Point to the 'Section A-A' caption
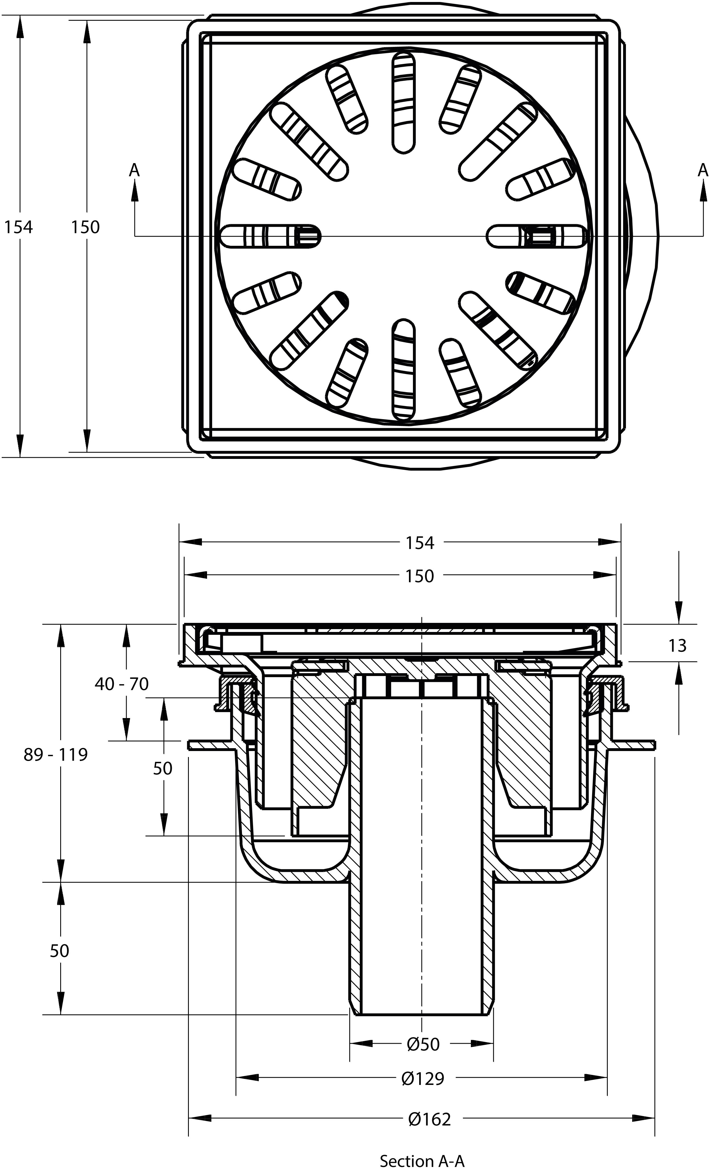(422, 1160)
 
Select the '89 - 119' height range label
(56, 754)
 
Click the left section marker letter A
(135, 170)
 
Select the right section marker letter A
(703, 170)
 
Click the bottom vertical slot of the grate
(403, 370)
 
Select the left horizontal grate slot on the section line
(270, 236)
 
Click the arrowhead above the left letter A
(135, 190)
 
